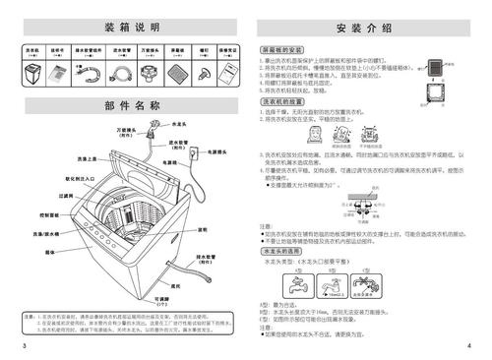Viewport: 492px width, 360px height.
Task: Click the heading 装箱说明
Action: click(x=129, y=25)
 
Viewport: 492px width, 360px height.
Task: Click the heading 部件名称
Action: click(x=129, y=105)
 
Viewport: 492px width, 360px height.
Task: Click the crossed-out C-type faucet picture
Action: click(x=368, y=286)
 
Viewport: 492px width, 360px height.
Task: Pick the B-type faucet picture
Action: click(x=335, y=286)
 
